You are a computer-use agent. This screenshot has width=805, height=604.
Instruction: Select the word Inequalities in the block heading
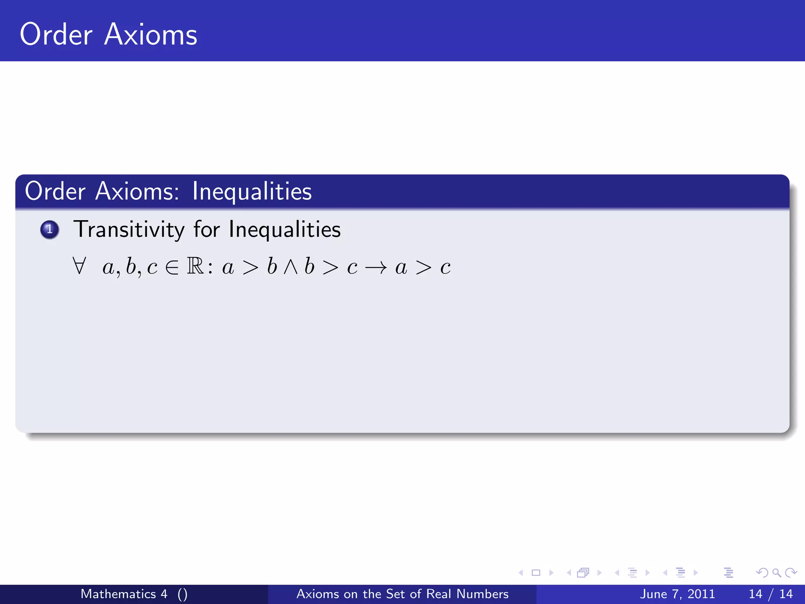pos(252,192)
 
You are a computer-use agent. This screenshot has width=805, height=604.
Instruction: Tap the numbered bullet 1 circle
pos(50,229)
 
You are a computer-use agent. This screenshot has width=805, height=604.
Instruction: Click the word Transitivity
pos(129,230)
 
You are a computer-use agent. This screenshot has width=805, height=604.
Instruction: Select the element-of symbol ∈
pos(172,268)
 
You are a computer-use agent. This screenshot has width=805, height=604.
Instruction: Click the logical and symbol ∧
pos(290,267)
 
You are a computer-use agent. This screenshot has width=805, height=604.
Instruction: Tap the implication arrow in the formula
pos(376,268)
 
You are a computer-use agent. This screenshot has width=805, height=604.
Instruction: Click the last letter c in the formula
pos(445,268)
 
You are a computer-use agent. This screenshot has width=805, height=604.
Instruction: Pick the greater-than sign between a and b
pos(250,268)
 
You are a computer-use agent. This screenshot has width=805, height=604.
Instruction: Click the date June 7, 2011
pos(677,594)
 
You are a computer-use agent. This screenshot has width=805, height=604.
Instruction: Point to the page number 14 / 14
pos(771,594)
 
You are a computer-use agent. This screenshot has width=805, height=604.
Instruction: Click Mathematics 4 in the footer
pos(124,594)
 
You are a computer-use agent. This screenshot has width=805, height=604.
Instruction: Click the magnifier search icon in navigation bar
pos(776,573)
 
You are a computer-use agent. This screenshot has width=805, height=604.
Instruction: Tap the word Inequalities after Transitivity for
pos(285,230)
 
